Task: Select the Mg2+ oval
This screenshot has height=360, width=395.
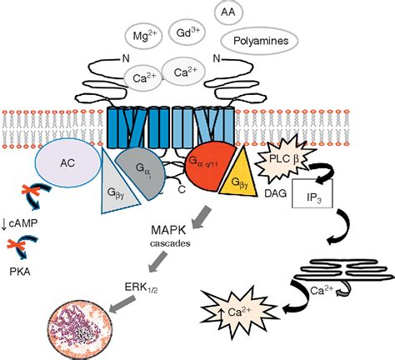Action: coord(142,35)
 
